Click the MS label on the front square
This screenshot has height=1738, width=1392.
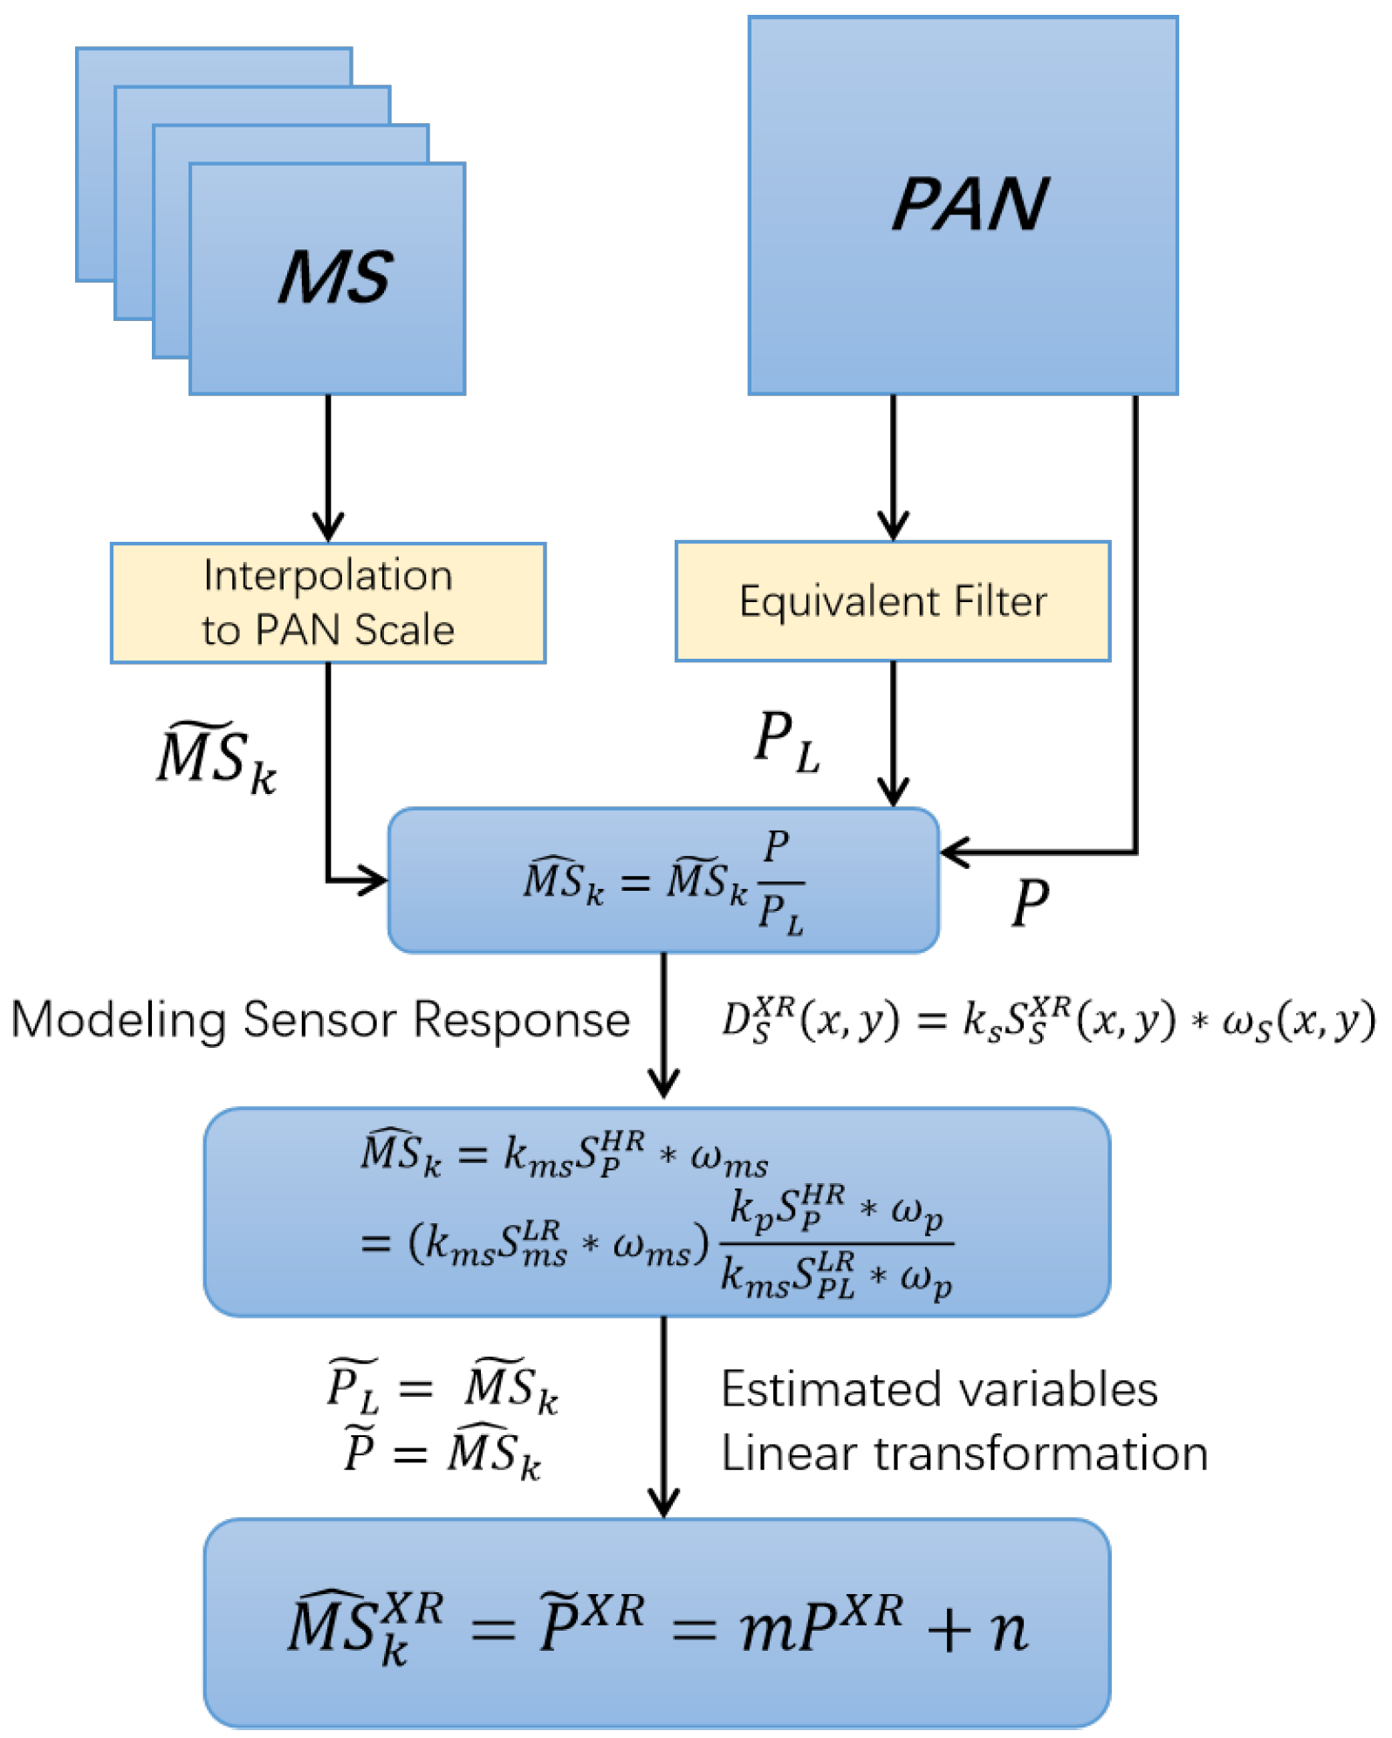point(335,277)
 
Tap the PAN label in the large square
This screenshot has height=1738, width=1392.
point(969,204)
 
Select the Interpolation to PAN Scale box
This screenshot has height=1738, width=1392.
point(328,603)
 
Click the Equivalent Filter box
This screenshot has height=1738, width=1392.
point(892,601)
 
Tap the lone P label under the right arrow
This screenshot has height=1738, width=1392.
point(1030,903)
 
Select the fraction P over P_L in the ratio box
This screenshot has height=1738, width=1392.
point(779,882)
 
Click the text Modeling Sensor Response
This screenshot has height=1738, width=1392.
point(320,1019)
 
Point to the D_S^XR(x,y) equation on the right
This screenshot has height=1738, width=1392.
point(1047,1019)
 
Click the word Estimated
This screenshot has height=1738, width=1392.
point(838,1390)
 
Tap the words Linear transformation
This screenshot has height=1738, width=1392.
point(964,1454)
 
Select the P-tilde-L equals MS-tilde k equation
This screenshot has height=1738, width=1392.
point(442,1386)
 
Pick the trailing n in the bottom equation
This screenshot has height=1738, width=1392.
point(1009,1628)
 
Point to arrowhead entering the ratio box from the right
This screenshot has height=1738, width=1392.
point(953,852)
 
